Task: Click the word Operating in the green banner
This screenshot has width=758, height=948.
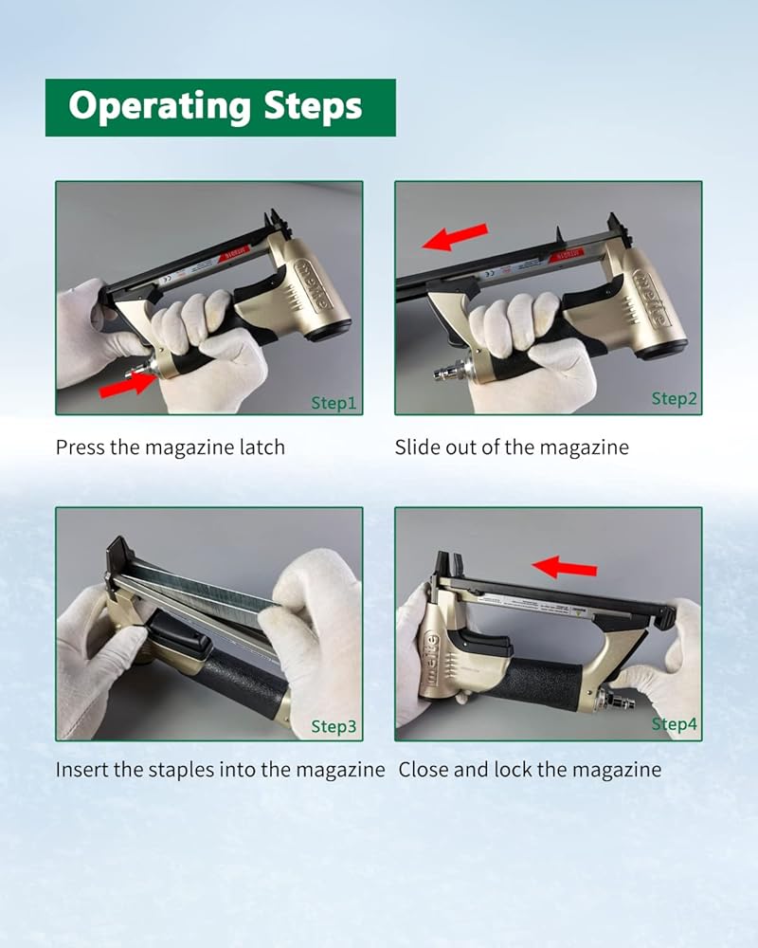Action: (x=159, y=106)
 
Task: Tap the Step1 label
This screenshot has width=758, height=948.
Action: (x=334, y=403)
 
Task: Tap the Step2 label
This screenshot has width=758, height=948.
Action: (x=674, y=399)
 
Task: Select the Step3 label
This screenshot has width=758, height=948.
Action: (x=334, y=726)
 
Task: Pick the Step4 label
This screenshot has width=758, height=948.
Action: (x=674, y=723)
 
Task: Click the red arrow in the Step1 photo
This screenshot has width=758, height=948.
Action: (x=128, y=385)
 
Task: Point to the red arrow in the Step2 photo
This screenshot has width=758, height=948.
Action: (x=455, y=237)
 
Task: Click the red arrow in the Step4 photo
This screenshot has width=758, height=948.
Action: (x=565, y=567)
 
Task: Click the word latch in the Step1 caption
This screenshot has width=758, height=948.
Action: (x=262, y=447)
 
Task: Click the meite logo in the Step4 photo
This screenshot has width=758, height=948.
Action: (x=430, y=659)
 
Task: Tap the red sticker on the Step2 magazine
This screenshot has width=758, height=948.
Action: (x=567, y=254)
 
